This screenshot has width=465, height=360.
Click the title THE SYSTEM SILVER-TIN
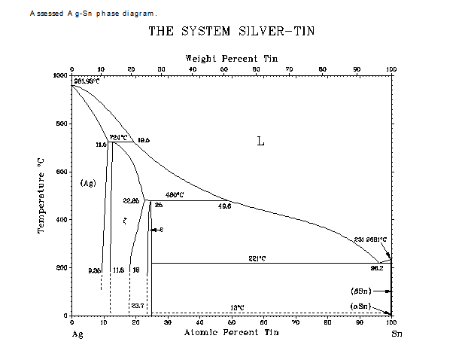tap(231, 32)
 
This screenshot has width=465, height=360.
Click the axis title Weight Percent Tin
tap(231, 58)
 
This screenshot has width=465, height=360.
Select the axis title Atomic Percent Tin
tap(231, 333)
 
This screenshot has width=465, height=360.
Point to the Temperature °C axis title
tap(43, 195)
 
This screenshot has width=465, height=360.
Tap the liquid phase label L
tap(260, 141)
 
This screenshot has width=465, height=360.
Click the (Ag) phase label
tap(88, 183)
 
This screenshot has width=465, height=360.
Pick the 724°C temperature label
tap(119, 137)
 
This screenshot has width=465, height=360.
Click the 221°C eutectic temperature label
tap(258, 258)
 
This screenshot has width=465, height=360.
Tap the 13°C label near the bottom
tap(237, 308)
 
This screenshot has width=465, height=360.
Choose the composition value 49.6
tap(224, 206)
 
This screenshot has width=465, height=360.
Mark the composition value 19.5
tap(143, 141)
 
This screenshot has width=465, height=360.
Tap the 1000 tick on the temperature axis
tap(59, 75)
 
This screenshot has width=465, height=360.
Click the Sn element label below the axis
tap(397, 333)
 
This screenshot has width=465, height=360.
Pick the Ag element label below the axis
tap(76, 333)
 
